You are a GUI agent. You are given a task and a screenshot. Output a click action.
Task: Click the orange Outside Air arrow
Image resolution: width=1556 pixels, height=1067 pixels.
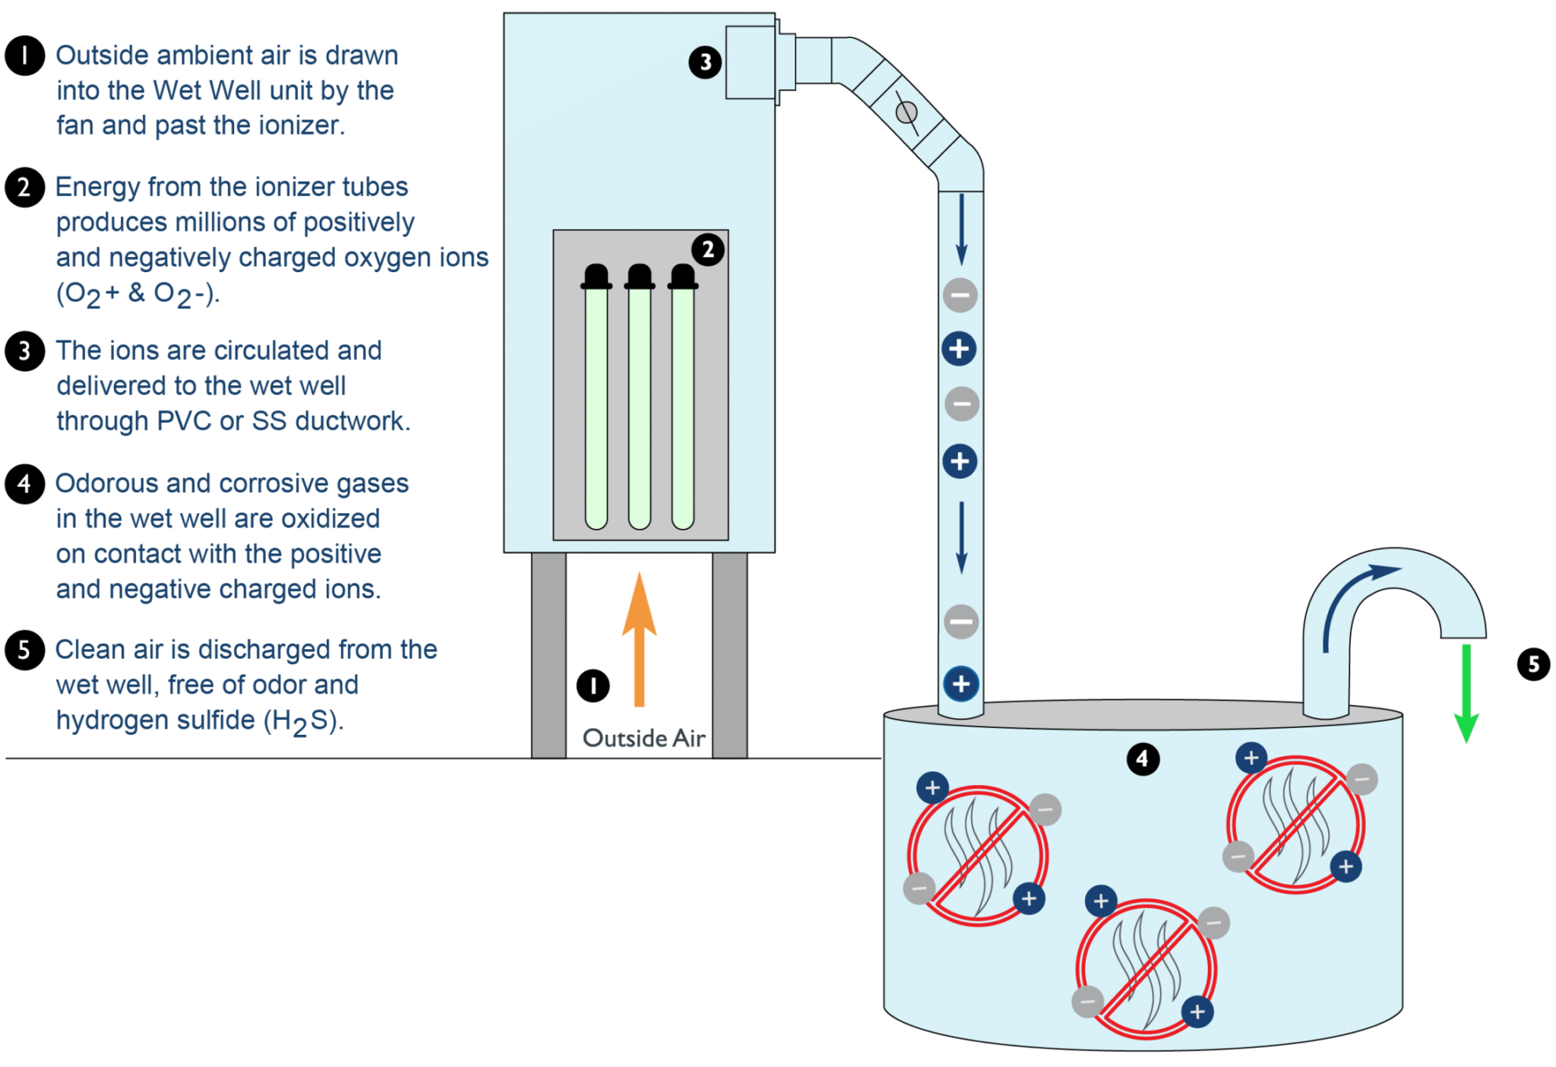point(639,646)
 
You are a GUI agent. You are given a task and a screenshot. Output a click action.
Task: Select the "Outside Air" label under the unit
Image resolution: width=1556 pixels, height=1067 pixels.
point(644,738)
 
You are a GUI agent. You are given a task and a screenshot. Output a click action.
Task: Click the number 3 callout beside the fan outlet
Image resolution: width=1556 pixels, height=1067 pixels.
point(705,62)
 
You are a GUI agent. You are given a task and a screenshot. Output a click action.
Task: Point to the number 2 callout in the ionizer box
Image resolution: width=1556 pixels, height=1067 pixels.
point(708,249)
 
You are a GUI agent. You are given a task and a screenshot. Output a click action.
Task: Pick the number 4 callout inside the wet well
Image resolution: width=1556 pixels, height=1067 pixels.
point(1142,758)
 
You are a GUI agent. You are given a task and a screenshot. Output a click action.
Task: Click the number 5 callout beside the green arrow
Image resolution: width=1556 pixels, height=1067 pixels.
point(1533,664)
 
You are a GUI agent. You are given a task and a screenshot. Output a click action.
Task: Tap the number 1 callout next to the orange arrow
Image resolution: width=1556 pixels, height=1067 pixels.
point(593,685)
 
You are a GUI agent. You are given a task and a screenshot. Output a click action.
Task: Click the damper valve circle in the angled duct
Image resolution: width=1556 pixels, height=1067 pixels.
point(906,113)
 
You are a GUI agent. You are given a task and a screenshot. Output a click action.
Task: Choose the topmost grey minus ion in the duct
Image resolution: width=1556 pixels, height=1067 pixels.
point(960,296)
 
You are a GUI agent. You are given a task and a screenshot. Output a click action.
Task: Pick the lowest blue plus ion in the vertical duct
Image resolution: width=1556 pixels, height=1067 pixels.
point(961,683)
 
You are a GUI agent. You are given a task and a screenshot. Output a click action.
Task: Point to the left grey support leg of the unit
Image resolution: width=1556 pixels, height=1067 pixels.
point(549,654)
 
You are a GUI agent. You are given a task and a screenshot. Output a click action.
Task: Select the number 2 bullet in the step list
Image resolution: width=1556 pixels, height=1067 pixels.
point(24,187)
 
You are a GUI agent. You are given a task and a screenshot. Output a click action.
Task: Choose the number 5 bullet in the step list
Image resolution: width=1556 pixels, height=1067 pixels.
point(24,650)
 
